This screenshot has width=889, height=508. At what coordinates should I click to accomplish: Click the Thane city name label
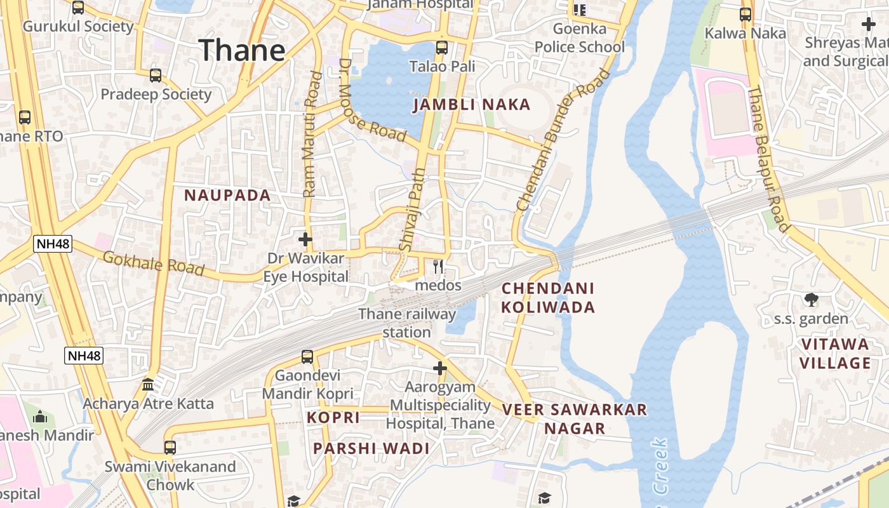click(x=242, y=50)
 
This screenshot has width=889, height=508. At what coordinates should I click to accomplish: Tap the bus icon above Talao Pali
click(x=441, y=48)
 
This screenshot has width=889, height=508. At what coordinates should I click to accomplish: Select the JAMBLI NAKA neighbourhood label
click(x=471, y=105)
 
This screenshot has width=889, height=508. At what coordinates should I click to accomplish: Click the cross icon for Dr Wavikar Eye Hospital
click(x=305, y=239)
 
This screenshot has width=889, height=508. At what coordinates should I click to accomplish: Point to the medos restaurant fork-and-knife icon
click(x=438, y=267)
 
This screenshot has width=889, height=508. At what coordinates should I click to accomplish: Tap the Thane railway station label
click(x=407, y=323)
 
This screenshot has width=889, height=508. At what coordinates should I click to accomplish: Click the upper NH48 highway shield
click(x=53, y=244)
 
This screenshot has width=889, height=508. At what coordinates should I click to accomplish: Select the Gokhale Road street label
click(x=153, y=263)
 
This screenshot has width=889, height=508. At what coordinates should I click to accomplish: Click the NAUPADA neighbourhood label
click(x=227, y=196)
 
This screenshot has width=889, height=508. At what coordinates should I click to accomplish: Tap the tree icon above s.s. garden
click(x=811, y=300)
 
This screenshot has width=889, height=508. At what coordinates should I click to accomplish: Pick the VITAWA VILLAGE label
click(x=834, y=354)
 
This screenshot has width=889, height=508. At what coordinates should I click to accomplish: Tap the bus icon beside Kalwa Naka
click(x=745, y=14)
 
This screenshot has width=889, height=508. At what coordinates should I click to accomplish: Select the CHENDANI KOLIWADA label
click(x=548, y=298)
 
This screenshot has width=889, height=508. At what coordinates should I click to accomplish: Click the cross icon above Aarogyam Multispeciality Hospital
click(x=440, y=368)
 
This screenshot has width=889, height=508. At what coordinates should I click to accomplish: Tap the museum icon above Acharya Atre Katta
click(x=148, y=384)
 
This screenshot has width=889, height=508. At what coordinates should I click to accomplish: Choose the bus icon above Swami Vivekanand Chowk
click(x=170, y=447)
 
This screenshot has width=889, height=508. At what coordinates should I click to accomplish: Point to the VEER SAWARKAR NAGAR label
click(x=575, y=418)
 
